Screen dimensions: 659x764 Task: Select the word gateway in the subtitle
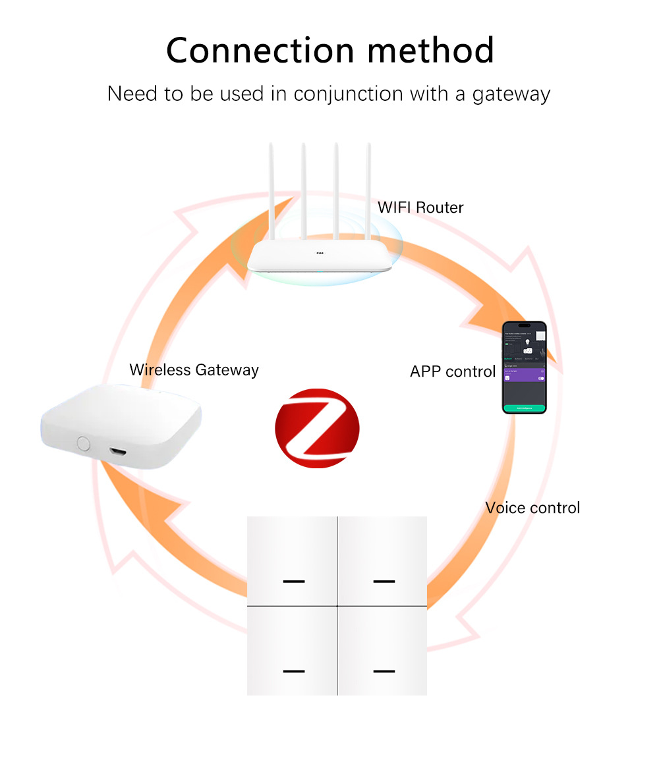[511, 94]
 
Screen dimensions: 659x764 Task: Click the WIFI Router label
[420, 207]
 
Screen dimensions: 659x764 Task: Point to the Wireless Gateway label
[194, 369]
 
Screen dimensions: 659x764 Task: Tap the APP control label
[453, 371]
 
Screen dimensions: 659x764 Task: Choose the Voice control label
[532, 508]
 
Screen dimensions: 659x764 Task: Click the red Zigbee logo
[317, 427]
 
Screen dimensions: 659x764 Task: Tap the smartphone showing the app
[524, 367]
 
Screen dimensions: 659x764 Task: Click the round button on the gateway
[83, 443]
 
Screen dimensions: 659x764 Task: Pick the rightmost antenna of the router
[368, 191]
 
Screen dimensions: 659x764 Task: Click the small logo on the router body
[320, 252]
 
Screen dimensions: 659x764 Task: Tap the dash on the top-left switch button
[294, 582]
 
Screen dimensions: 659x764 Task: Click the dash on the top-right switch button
[384, 582]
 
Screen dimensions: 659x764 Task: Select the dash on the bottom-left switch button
[294, 671]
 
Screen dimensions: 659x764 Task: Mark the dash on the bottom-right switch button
[384, 671]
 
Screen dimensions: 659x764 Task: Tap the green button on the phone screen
[524, 408]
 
